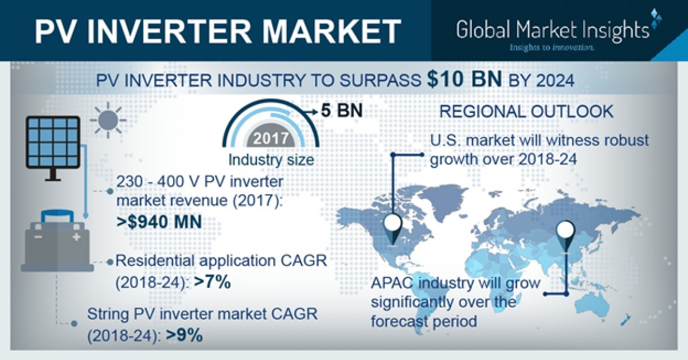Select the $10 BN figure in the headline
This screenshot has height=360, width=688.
pyautogui.click(x=463, y=81)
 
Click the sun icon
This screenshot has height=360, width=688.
pyautogui.click(x=107, y=121)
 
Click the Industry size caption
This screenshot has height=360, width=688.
pyautogui.click(x=271, y=159)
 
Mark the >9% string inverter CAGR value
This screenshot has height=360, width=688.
pyautogui.click(x=184, y=335)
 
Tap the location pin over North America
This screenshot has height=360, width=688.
pyautogui.click(x=393, y=225)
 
